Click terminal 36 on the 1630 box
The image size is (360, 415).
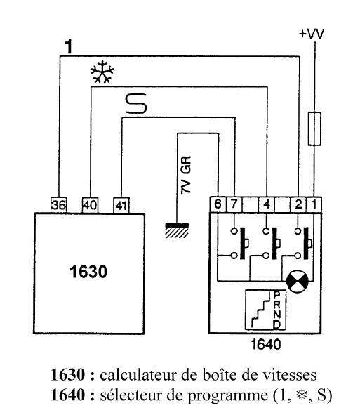[59, 205]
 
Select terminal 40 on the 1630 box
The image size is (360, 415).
[91, 205]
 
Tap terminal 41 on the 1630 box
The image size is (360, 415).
[121, 205]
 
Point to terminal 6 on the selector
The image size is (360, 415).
[218, 204]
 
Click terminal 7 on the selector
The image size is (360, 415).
[234, 204]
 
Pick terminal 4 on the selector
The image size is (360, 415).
[267, 204]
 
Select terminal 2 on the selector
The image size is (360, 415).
[298, 204]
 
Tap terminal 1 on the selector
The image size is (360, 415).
[314, 204]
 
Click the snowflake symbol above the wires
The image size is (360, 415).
[102, 72]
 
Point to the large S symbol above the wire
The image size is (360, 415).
[136, 103]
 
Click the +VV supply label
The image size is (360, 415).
[312, 34]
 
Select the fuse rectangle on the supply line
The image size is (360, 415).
[314, 129]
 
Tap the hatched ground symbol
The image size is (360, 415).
[177, 230]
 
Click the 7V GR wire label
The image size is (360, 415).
[186, 175]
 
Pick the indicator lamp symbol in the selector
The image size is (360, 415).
[298, 282]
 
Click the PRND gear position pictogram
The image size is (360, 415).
[265, 310]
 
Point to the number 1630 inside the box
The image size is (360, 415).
[88, 272]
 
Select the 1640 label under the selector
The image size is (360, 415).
[265, 344]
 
